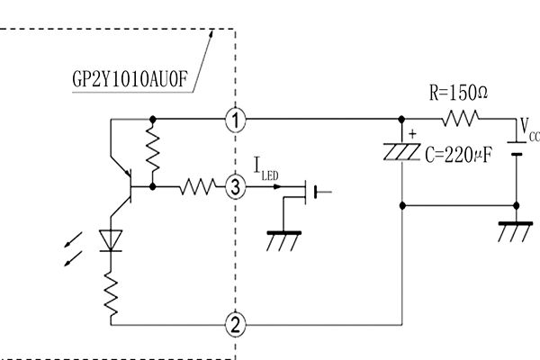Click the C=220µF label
[458, 154]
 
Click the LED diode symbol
[112, 239]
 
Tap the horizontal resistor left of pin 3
[197, 187]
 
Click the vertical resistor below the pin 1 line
[152, 151]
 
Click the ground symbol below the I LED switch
[284, 241]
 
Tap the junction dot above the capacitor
[401, 119]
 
